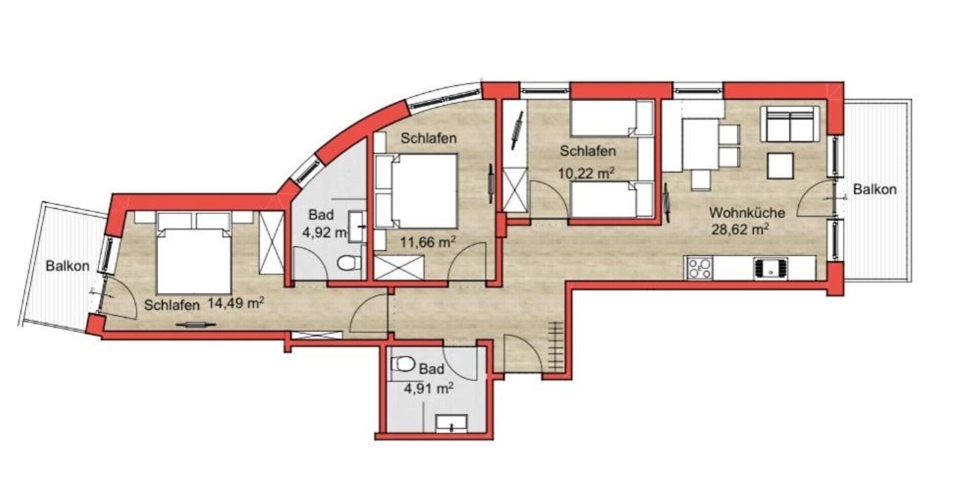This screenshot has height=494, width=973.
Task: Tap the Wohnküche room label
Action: (747, 212)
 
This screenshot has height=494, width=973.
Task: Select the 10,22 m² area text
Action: (587, 174)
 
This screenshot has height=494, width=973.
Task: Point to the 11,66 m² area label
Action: (428, 242)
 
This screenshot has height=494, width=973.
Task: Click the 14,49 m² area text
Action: (236, 303)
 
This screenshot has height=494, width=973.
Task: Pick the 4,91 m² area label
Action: (428, 389)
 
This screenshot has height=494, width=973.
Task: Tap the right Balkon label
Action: (875, 189)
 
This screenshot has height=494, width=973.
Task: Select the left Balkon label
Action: (67, 265)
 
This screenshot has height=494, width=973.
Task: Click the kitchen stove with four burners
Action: (699, 268)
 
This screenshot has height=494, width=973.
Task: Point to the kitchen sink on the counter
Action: (770, 268)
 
